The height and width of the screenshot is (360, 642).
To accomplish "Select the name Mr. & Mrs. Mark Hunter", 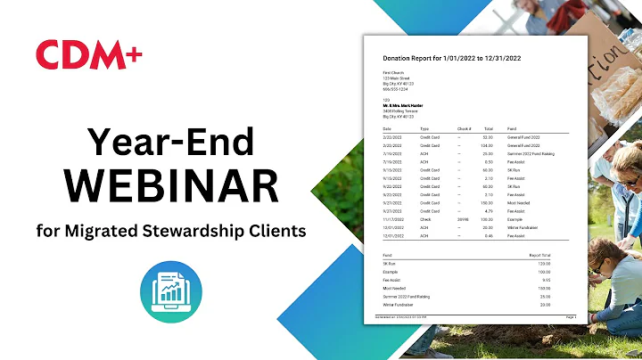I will pos(402,106).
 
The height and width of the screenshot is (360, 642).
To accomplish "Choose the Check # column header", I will pos(464,128).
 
